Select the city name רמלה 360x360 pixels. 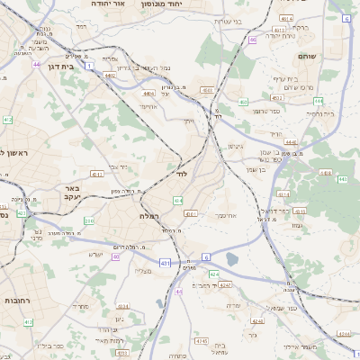[151, 217]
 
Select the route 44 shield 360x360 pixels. [36, 64]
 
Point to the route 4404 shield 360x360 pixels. [148, 92]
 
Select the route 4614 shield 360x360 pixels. [286, 18]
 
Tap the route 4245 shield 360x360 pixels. [201, 341]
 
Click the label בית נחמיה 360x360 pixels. [322, 114]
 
